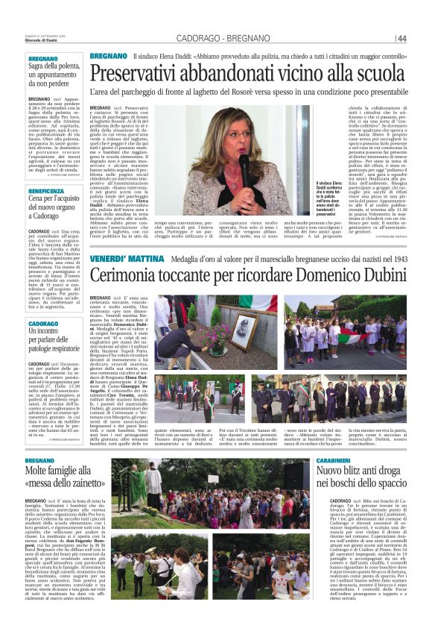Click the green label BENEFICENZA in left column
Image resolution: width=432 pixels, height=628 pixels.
[x=46, y=190]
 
